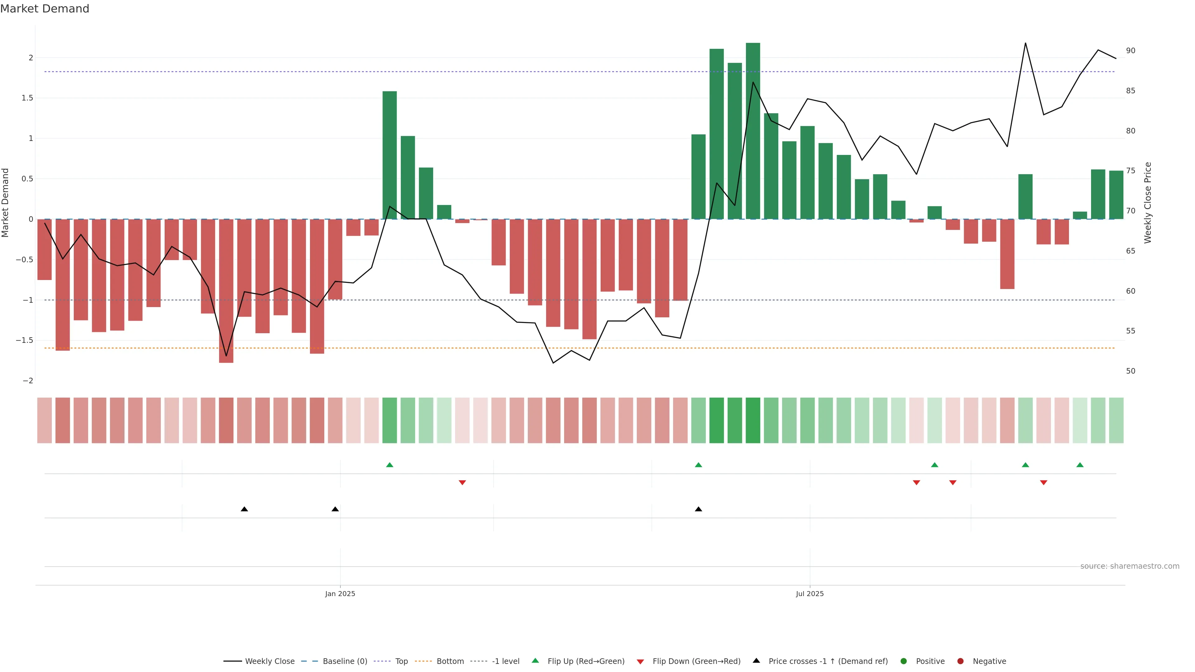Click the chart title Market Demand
tap(45, 9)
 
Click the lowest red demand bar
tap(226, 291)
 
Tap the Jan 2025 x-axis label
tap(340, 594)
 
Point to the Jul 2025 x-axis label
tap(809, 594)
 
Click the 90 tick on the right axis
tap(1131, 50)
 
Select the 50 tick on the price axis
tap(1131, 371)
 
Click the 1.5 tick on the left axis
tap(27, 98)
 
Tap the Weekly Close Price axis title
tap(1148, 203)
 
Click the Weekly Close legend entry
tap(269, 661)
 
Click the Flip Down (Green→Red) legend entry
tap(696, 661)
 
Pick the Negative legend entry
tap(989, 661)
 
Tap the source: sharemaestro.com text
tap(1130, 566)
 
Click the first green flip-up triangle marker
tap(390, 465)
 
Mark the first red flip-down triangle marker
tap(462, 483)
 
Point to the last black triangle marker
tap(698, 509)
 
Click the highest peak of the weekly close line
tap(1025, 43)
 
